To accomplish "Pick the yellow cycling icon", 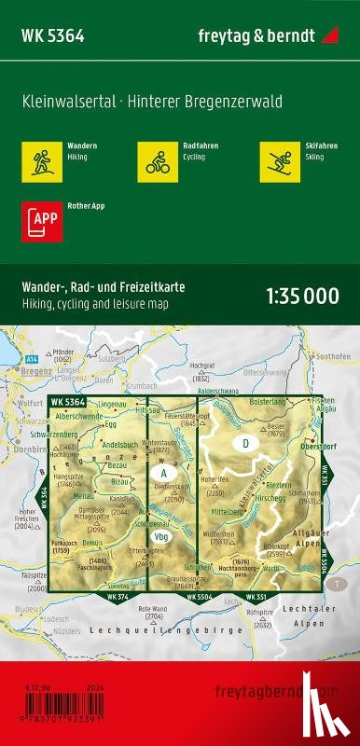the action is point(155,159).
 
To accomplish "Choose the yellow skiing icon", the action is point(278,159).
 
